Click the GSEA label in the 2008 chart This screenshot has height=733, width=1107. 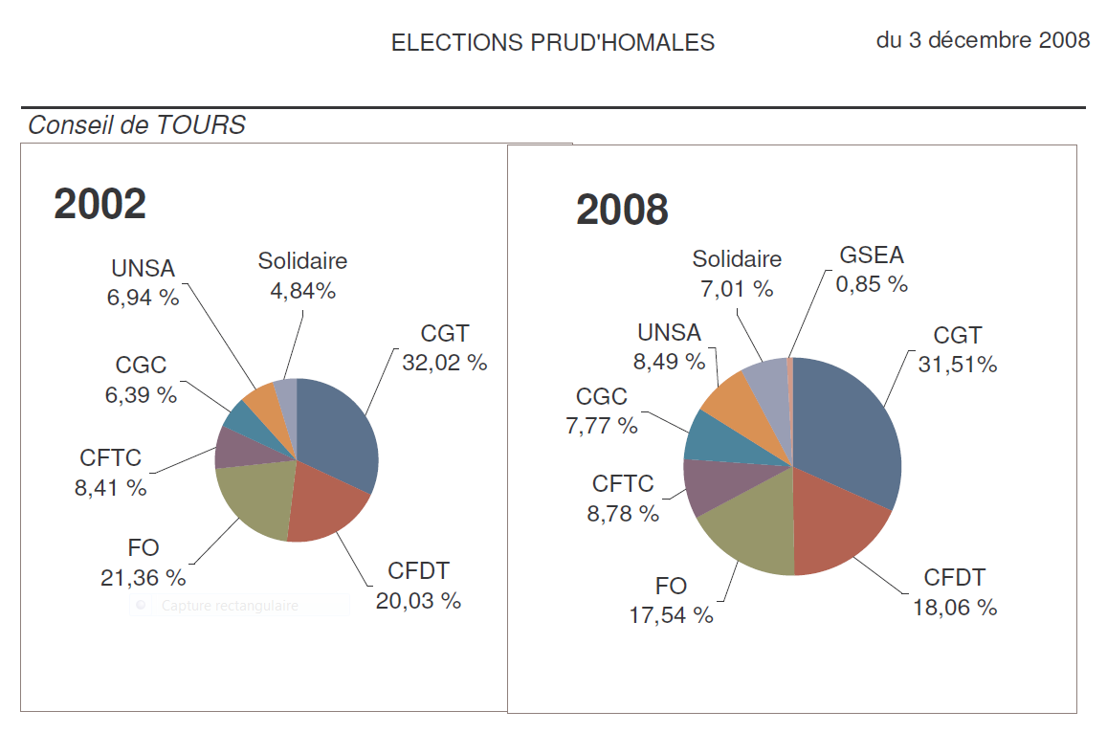[872, 255]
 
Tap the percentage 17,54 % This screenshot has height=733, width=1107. [671, 615]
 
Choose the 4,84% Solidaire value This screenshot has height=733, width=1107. [303, 291]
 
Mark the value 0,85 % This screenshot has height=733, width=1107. [872, 284]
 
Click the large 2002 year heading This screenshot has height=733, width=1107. [100, 204]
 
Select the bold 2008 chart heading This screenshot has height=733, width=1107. [622, 210]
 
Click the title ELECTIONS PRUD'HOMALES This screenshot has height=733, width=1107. [553, 43]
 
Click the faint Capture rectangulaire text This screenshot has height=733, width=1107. [230, 606]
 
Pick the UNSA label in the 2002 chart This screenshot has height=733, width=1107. [144, 268]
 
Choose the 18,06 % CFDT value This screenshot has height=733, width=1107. [954, 607]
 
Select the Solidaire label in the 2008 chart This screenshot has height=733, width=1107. [737, 259]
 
